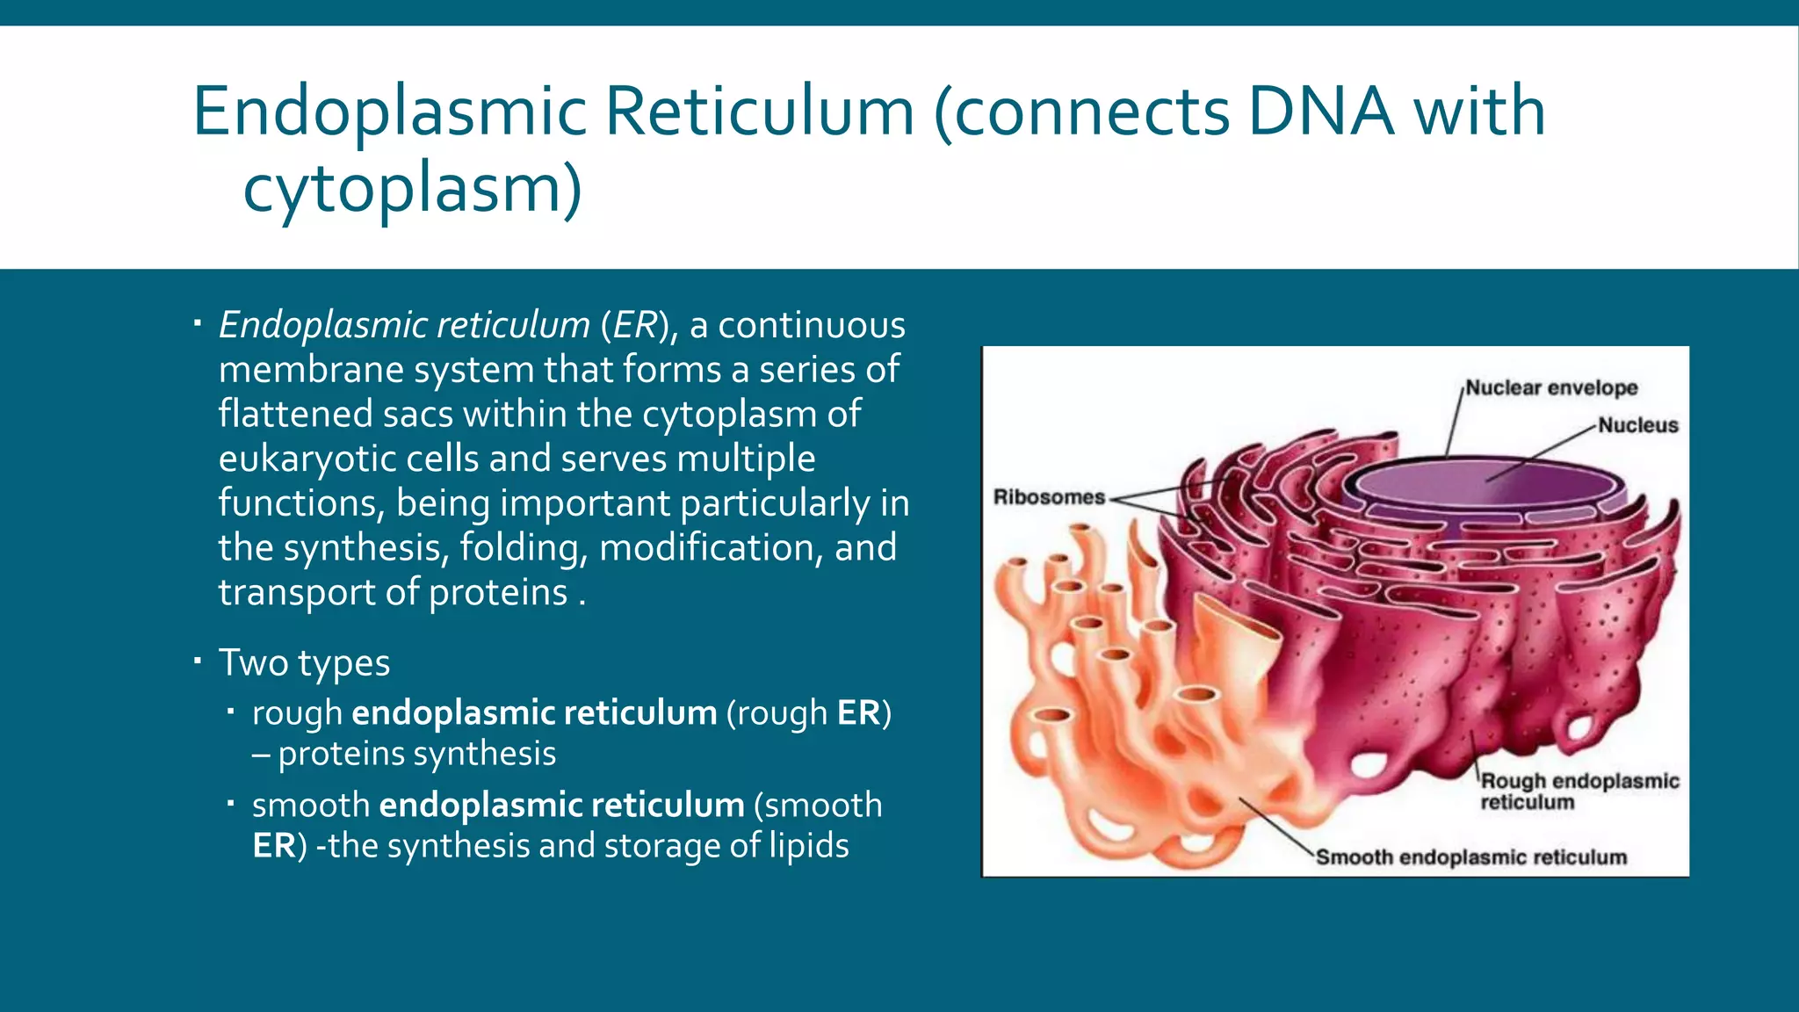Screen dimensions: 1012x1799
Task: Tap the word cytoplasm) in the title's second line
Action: coord(412,188)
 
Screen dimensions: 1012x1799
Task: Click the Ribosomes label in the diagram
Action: coord(1049,497)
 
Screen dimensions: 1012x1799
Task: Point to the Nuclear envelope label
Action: coord(1551,387)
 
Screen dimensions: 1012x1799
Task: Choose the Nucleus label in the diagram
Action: coord(1637,425)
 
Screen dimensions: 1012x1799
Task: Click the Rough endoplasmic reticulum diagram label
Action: coord(1579,791)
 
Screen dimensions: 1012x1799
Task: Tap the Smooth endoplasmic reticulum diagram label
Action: coord(1471,857)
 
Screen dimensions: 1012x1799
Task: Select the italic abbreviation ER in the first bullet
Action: coord(634,325)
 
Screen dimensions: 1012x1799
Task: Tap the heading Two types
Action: coord(304,662)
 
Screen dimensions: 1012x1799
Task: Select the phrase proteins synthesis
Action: coord(417,754)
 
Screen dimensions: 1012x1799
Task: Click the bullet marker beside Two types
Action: coord(199,659)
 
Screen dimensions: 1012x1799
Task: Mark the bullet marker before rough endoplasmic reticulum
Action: coord(230,710)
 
